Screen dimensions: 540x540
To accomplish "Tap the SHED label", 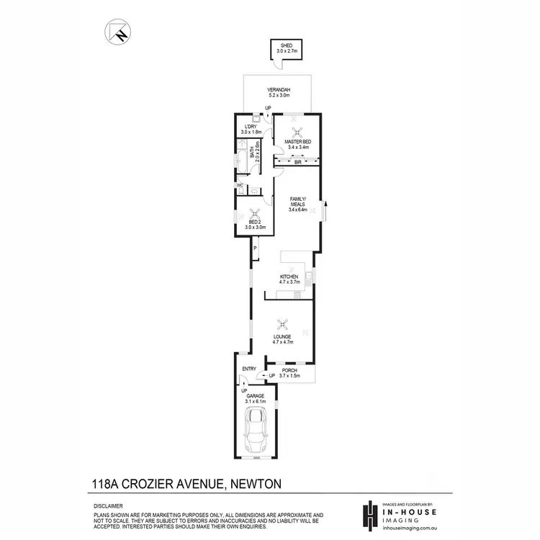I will (287, 46).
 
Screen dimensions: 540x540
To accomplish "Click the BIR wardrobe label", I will (297, 163).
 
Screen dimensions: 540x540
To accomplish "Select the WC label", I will (240, 185).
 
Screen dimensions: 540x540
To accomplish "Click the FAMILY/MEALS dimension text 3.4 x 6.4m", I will (297, 210).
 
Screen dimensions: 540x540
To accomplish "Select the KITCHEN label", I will (289, 276).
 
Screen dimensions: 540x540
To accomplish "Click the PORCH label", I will (289, 371).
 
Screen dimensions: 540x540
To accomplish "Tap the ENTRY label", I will (249, 369).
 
